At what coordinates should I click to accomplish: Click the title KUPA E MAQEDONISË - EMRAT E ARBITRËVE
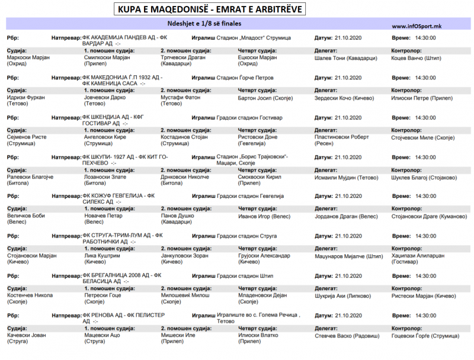(212, 10)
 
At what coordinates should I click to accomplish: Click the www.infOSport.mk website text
(416, 26)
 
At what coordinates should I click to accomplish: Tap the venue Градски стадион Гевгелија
(251, 196)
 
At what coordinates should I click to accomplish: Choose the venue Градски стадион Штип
(245, 275)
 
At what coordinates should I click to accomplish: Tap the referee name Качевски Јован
(26, 335)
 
